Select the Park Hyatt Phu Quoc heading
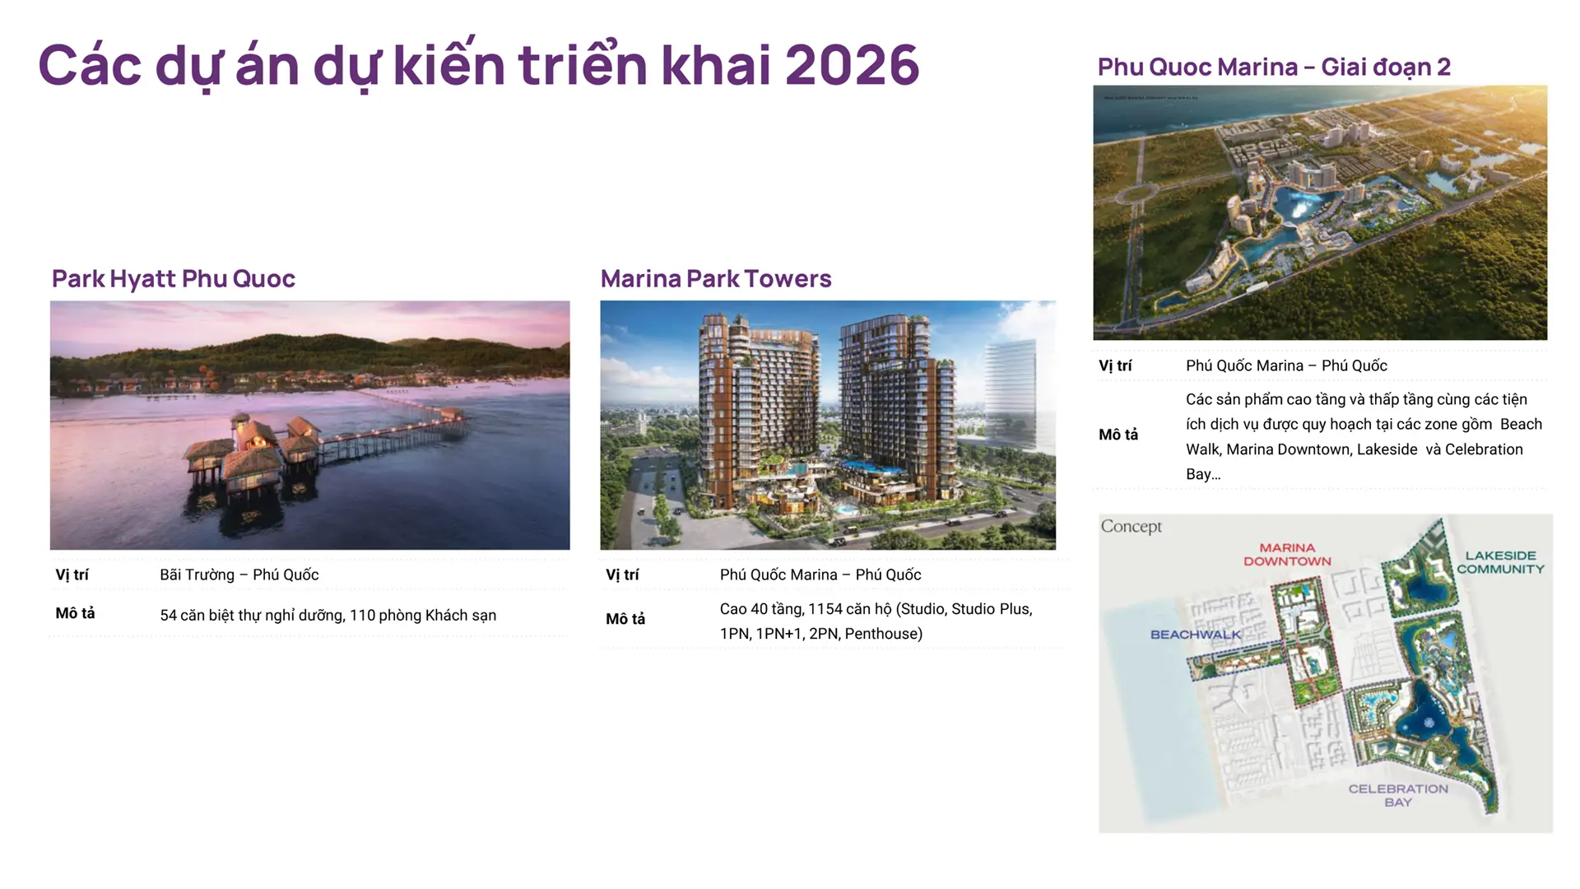[174, 279]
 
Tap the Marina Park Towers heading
[716, 279]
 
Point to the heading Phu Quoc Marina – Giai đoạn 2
[1274, 67]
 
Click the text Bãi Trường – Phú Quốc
[239, 575]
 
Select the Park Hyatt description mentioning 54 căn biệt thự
[328, 615]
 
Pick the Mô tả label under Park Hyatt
[75, 613]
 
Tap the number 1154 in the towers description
[825, 609]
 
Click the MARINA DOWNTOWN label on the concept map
[1287, 555]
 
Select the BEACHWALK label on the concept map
[1195, 635]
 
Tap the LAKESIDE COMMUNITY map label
[1500, 562]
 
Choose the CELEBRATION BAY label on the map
[1398, 795]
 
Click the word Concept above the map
[1132, 526]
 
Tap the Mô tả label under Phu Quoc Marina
[1118, 435]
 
